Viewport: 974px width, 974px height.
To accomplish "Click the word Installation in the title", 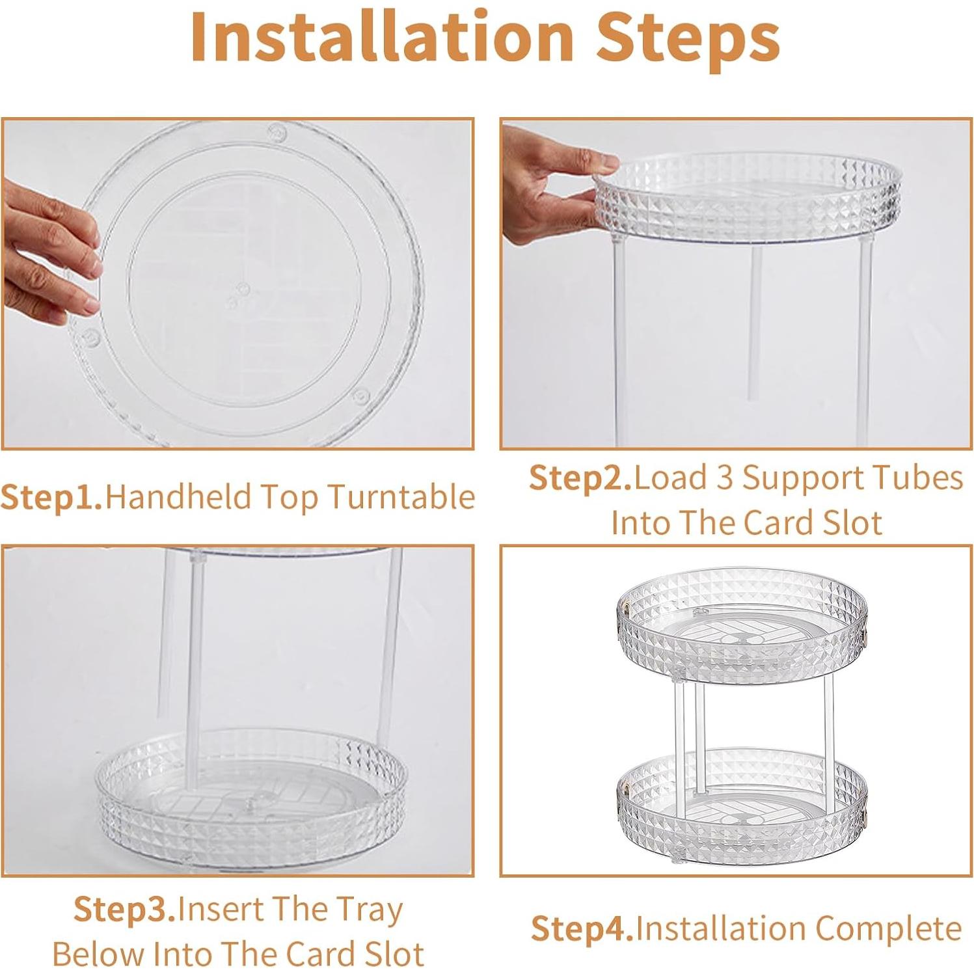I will (x=381, y=38).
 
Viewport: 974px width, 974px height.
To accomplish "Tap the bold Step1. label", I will (x=52, y=498).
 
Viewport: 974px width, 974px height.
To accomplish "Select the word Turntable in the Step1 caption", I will (x=401, y=498).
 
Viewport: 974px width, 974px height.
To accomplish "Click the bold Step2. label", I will (x=580, y=479).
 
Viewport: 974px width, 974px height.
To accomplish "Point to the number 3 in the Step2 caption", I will (x=724, y=479).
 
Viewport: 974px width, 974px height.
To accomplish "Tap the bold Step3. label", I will (x=124, y=910).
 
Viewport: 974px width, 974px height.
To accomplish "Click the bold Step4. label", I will (x=582, y=929).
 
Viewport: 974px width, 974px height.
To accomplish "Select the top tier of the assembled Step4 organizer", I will (x=742, y=625).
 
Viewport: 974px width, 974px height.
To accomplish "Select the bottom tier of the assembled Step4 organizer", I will (x=742, y=807).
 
